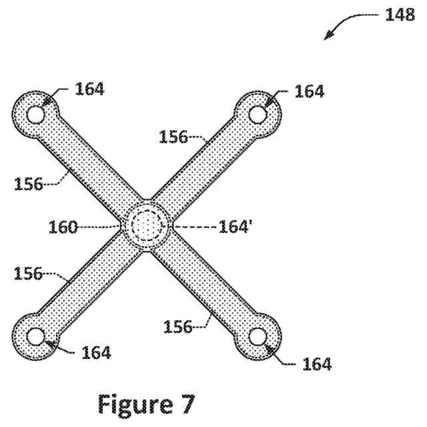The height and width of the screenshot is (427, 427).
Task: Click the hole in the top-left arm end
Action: click(35, 115)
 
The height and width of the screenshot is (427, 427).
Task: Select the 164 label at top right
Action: click(310, 91)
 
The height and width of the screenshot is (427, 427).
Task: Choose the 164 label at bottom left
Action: click(96, 352)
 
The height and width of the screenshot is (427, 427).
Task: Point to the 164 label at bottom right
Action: click(316, 364)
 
